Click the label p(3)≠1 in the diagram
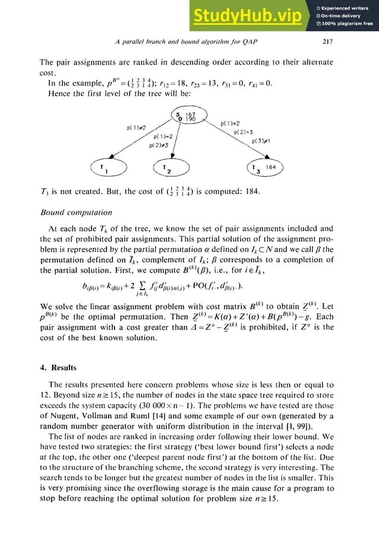pos(262,141)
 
